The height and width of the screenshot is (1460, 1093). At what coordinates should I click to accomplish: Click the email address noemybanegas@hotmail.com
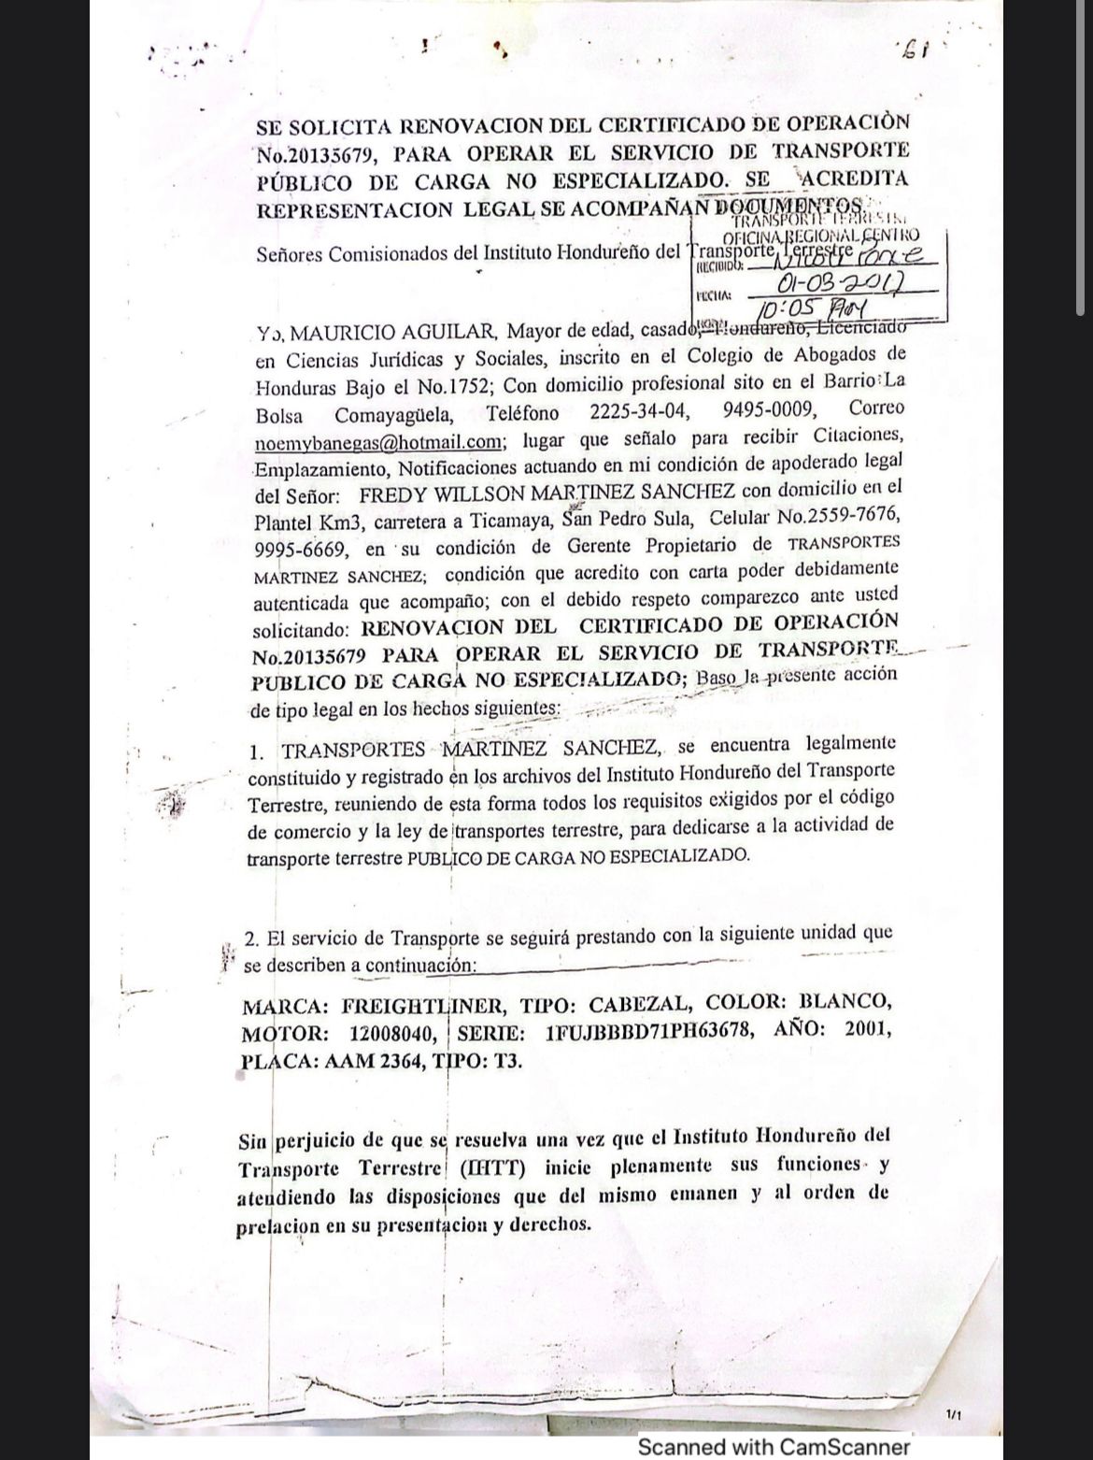tap(378, 441)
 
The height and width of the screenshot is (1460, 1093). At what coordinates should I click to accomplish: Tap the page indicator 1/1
tap(955, 1417)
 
